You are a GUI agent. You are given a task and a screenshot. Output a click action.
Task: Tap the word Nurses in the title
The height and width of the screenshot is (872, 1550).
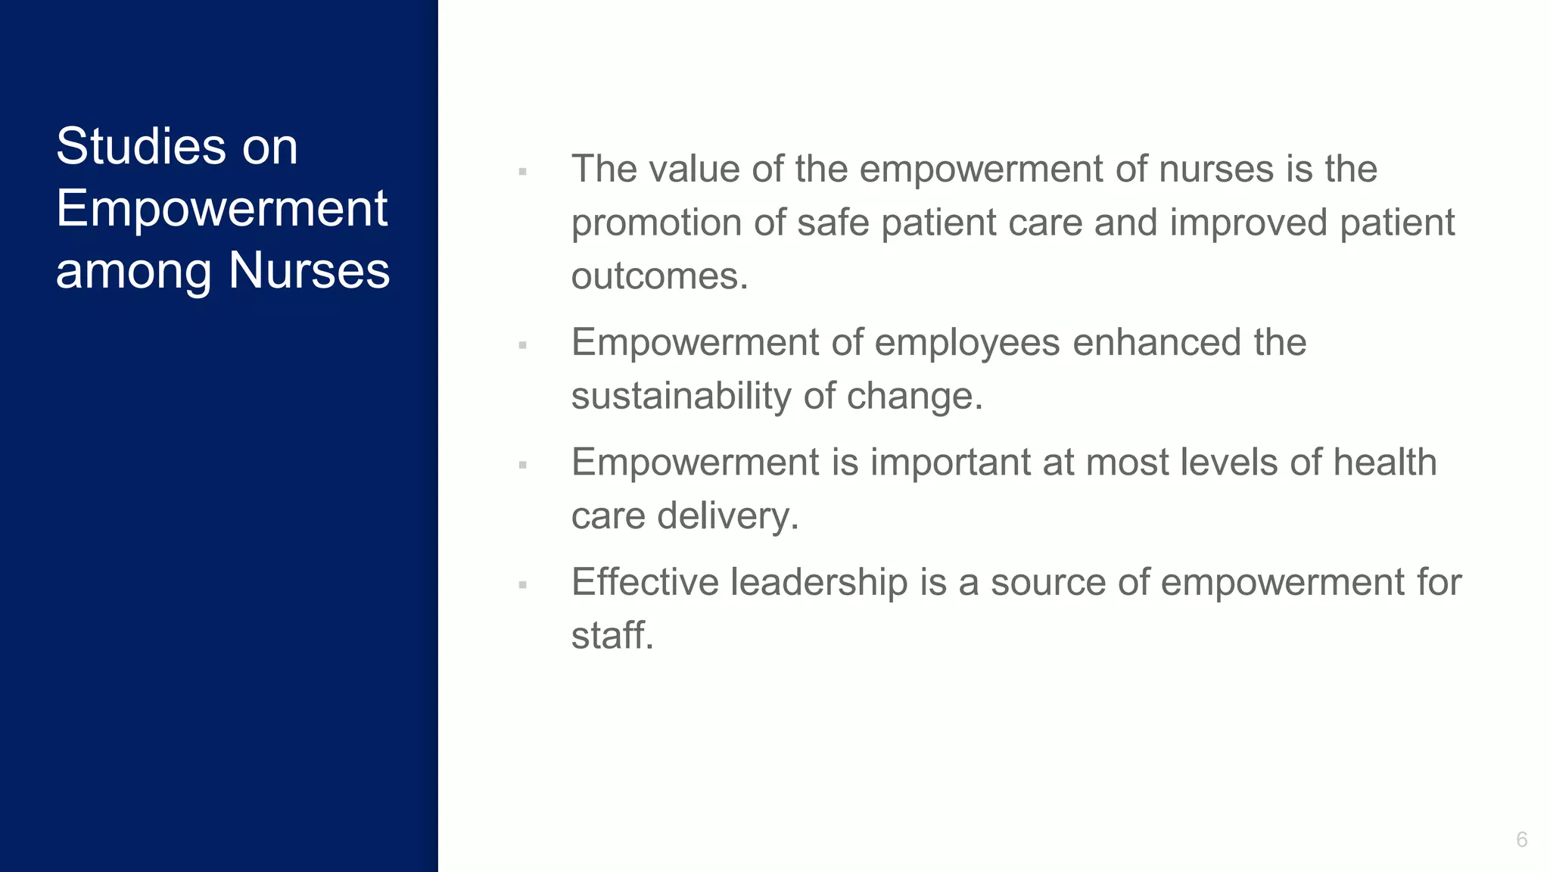pos(309,270)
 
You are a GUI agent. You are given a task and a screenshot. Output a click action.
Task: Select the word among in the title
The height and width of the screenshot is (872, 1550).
pos(133,272)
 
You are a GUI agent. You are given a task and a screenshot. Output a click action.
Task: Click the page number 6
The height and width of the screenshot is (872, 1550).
pos(1521,839)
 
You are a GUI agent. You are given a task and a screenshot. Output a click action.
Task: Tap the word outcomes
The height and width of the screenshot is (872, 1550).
pos(659,276)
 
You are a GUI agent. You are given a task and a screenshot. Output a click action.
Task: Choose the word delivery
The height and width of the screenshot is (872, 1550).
pos(727,516)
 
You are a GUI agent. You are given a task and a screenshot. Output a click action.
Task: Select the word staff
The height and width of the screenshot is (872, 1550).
pos(612,635)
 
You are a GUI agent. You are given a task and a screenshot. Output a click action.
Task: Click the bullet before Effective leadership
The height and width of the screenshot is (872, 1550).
pos(522,585)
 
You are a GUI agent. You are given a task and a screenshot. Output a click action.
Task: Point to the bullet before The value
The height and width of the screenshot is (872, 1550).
pos(522,172)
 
